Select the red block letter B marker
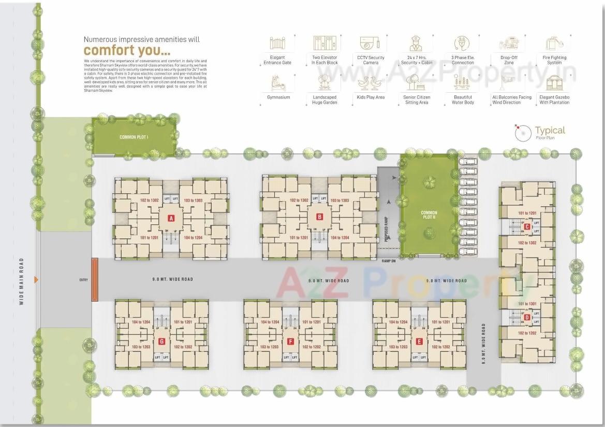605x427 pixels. [x=319, y=217]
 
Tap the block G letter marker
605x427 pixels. [x=161, y=341]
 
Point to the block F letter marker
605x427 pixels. [x=290, y=341]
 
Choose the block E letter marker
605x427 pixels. [x=419, y=341]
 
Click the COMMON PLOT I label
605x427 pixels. [x=134, y=137]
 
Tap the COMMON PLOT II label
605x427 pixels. [x=429, y=216]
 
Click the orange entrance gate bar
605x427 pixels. [x=95, y=280]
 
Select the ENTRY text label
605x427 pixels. [x=83, y=280]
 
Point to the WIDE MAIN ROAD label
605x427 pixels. [x=22, y=281]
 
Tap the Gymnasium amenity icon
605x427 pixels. [x=278, y=82]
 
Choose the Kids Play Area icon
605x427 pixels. [x=371, y=82]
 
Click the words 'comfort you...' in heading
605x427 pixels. [x=127, y=51]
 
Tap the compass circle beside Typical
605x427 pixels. [x=523, y=133]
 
